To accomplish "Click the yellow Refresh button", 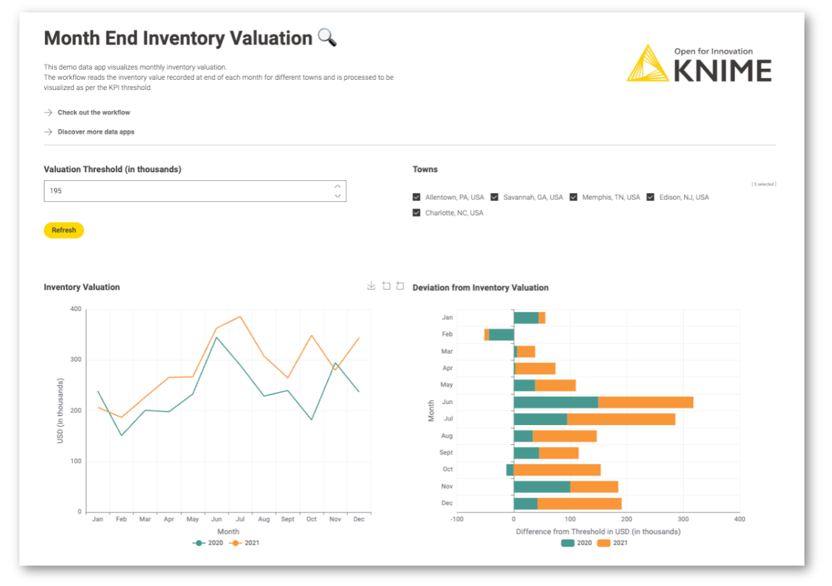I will click(x=64, y=230).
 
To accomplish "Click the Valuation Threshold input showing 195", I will click(x=186, y=191).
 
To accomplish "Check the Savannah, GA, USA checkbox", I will click(x=494, y=197).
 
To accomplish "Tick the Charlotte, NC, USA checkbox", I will click(x=416, y=213).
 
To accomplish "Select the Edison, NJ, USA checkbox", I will click(x=650, y=197).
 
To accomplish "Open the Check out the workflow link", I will click(x=94, y=112).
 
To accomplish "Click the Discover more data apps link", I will click(x=96, y=131).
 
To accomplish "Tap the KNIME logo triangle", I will click(x=647, y=65).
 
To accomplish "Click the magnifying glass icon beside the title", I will click(x=327, y=37).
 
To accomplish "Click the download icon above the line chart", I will click(x=371, y=286).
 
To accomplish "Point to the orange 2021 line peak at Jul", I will click(x=240, y=316).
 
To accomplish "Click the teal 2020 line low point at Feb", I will click(x=121, y=435).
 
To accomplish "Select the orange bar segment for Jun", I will click(x=645, y=402).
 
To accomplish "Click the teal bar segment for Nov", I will click(x=541, y=486).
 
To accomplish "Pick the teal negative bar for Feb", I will click(x=501, y=334).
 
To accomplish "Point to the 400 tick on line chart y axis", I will click(x=76, y=309).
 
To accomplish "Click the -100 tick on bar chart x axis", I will click(x=457, y=519).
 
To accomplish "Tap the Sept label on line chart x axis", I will click(x=288, y=519).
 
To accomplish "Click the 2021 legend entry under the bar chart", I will click(x=613, y=543).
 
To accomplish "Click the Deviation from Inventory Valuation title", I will click(x=480, y=288).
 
